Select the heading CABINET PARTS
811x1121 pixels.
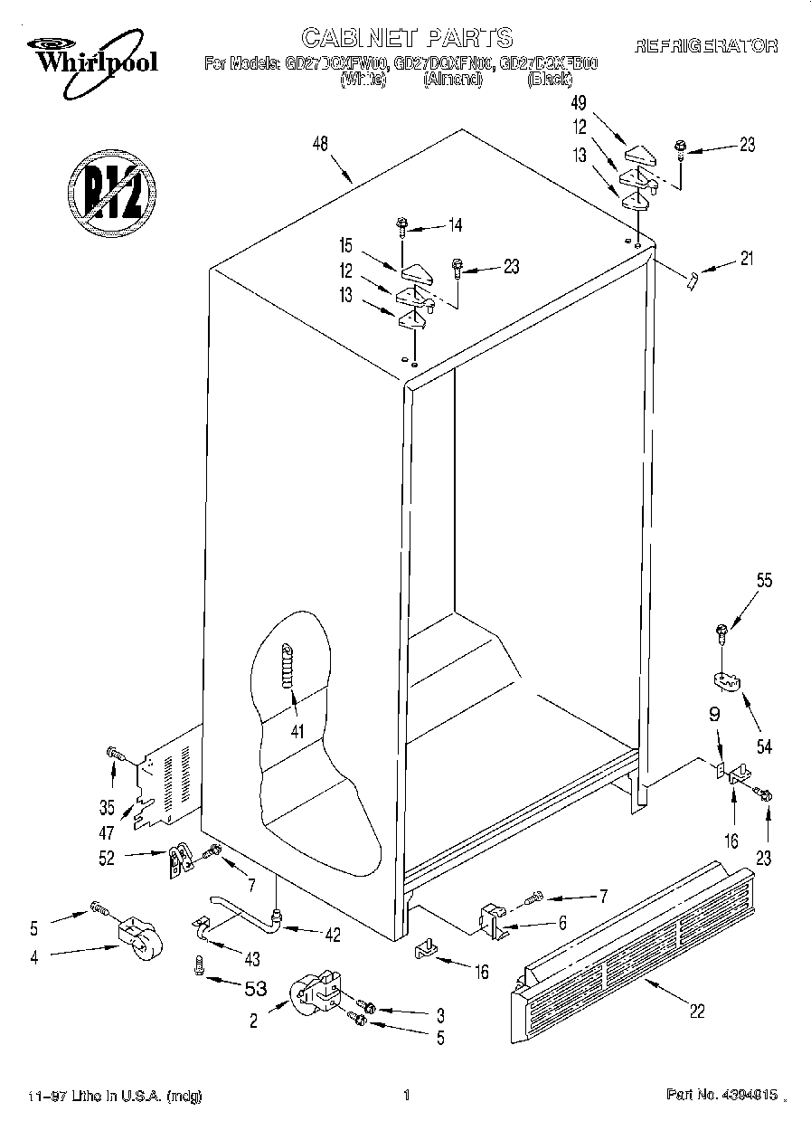tap(406, 37)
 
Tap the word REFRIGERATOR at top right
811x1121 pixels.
tap(706, 45)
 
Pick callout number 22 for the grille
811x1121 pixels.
tap(696, 1012)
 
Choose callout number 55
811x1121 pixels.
tap(764, 582)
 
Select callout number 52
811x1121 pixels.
tap(107, 858)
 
